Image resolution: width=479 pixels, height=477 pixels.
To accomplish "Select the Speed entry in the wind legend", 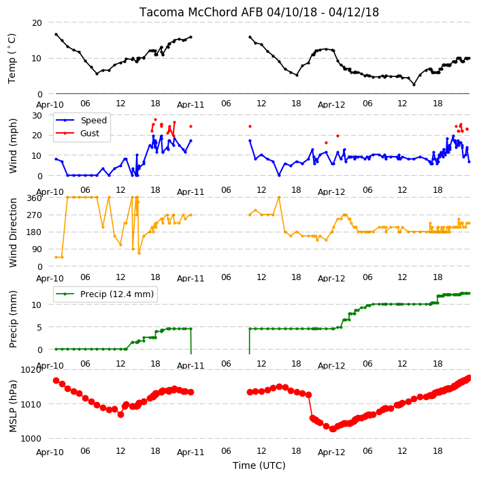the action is tap(81, 120).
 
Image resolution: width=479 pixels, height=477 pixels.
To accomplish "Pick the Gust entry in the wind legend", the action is tap(78, 133).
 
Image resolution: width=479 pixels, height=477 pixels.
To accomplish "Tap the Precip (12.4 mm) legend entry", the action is tap(105, 294).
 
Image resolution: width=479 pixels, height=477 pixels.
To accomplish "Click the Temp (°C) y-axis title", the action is tap(12, 59).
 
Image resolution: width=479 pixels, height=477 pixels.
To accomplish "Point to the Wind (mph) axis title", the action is tap(12, 146).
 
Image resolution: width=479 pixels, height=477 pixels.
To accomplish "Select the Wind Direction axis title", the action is tap(12, 233).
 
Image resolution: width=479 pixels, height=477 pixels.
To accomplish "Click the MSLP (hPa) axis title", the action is tap(12, 406).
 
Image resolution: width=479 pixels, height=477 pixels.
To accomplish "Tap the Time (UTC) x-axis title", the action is tap(259, 465).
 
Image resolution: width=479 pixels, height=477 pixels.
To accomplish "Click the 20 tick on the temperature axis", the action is tap(37, 23).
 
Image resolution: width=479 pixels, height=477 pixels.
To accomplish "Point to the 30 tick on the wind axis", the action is tap(37, 116).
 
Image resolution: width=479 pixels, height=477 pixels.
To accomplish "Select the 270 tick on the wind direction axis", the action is tap(34, 215).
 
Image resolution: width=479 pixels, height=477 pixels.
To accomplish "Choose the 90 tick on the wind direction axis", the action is tap(37, 249).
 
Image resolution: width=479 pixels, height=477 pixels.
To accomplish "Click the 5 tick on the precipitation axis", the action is tap(39, 327).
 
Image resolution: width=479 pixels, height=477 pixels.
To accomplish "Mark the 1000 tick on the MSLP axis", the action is tap(31, 438).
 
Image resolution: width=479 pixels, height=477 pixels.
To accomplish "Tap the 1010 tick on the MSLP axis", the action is tap(31, 404).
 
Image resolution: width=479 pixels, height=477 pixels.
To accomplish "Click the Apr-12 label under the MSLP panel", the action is tap(331, 452).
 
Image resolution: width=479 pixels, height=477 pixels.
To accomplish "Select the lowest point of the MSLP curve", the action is tap(333, 429).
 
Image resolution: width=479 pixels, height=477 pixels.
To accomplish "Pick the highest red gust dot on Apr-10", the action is tap(156, 120).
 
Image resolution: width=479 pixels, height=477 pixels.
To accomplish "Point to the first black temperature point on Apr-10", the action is tap(56, 34).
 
